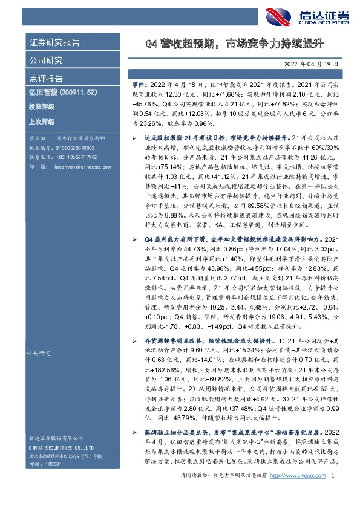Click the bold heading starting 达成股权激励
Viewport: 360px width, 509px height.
coord(206,138)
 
